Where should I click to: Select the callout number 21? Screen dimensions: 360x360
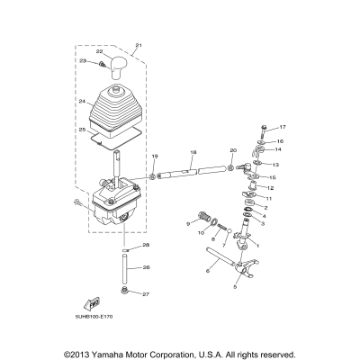click(139, 45)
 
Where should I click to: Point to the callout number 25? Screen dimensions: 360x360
click(83, 130)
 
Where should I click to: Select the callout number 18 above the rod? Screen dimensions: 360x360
click(193, 154)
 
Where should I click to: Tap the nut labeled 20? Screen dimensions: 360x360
click(231, 166)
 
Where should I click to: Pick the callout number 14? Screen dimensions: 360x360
click(277, 149)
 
